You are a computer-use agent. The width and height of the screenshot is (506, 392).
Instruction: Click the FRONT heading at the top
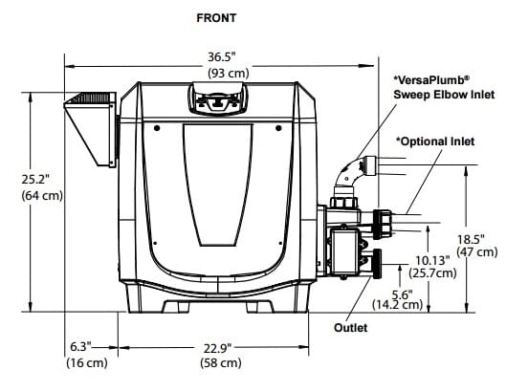(x=217, y=17)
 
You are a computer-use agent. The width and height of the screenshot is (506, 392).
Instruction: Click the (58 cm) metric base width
(x=217, y=363)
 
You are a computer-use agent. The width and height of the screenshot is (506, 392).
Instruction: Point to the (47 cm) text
(x=474, y=252)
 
